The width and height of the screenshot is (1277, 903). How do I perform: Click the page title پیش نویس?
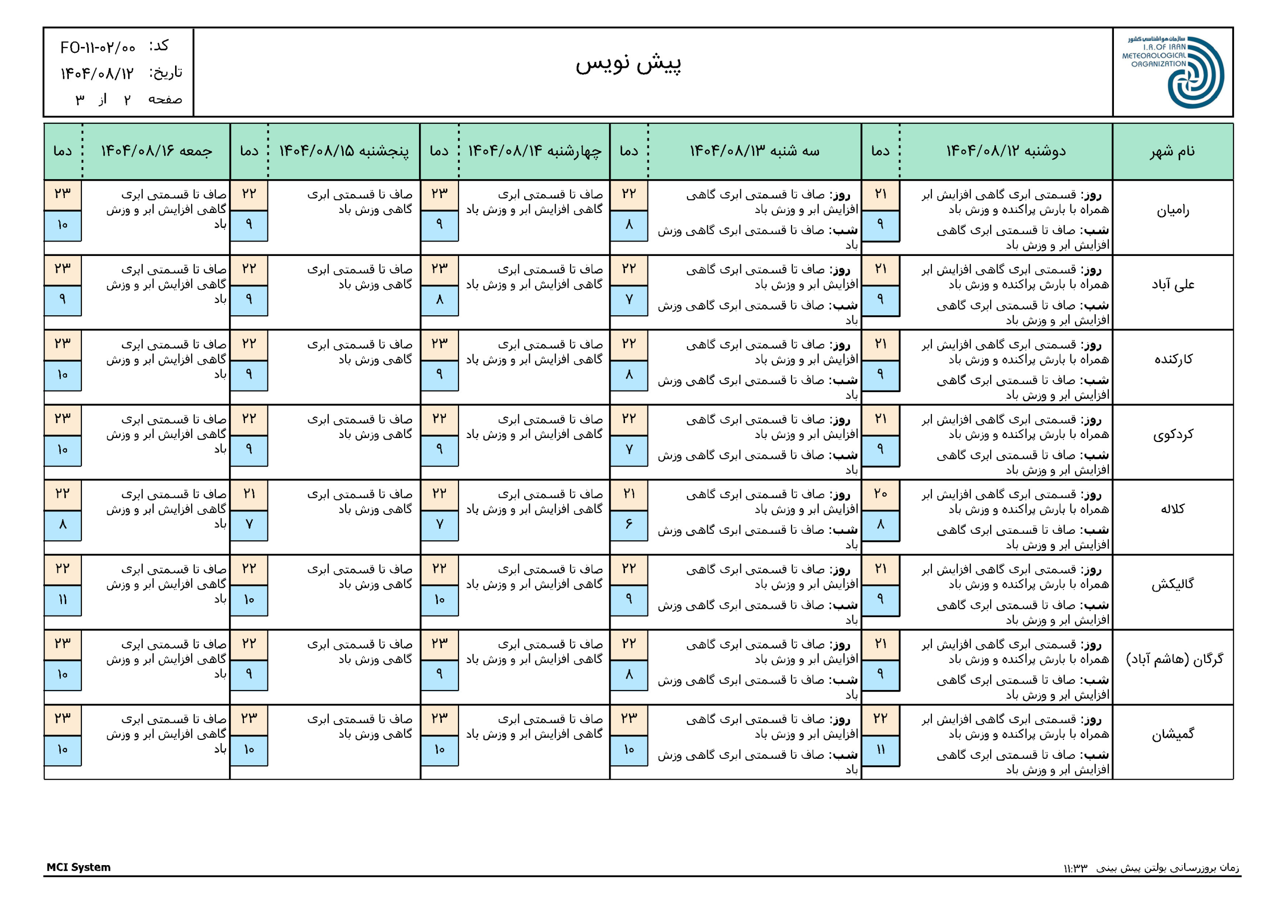point(628,63)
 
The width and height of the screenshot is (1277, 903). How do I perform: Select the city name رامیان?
point(1172,211)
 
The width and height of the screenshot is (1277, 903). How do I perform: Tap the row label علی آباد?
point(1172,285)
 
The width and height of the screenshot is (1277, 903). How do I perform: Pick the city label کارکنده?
point(1172,359)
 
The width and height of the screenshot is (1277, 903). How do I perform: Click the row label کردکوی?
point(1172,435)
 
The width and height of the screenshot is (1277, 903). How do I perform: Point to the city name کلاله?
point(1172,509)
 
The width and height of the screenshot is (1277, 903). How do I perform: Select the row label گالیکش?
point(1172,584)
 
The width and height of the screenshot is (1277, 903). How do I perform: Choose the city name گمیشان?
point(1172,734)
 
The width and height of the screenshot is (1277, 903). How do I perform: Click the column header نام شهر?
point(1172,151)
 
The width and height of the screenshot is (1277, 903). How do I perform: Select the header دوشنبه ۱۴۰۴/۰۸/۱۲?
point(1006,151)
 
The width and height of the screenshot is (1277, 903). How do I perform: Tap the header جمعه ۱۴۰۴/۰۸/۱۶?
point(156,151)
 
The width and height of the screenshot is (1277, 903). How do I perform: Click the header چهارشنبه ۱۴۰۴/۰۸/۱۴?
point(534,151)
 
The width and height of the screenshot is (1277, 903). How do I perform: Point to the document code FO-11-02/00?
point(98,48)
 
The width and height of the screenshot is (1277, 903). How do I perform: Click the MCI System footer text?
point(78,867)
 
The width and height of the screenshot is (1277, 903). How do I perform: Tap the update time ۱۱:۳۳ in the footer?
point(1074,868)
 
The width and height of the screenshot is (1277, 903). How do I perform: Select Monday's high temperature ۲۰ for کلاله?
point(880,493)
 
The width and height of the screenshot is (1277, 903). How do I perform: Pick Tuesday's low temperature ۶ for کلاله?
point(629,524)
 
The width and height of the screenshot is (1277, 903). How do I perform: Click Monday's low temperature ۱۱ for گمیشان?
point(880,749)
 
